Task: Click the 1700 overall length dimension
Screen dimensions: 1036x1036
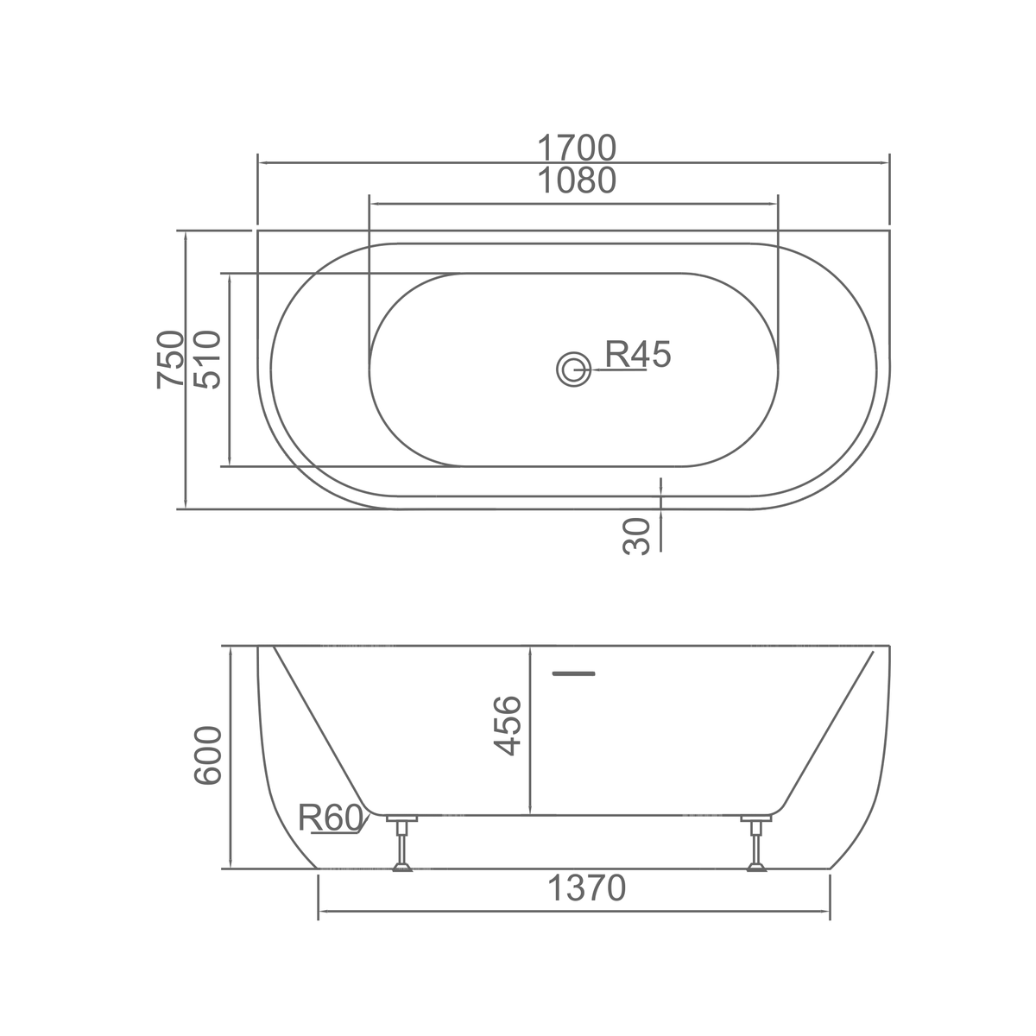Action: click(x=577, y=148)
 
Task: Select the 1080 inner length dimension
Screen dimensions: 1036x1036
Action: click(x=577, y=180)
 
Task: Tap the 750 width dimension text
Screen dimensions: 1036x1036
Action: click(x=170, y=359)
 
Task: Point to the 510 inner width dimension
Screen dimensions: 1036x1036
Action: click(x=207, y=359)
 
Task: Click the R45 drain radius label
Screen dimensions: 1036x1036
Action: click(x=638, y=354)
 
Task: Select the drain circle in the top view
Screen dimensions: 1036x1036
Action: click(x=573, y=370)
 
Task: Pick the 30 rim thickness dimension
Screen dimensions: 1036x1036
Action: click(x=636, y=536)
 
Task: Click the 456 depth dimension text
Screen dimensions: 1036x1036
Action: click(x=508, y=726)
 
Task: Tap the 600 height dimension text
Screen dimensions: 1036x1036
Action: click(x=207, y=756)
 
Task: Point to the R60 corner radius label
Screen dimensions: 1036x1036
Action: click(x=331, y=818)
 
